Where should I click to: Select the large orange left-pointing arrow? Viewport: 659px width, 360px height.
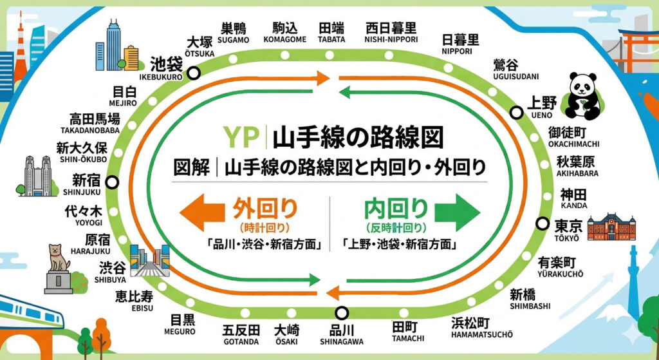(198, 214)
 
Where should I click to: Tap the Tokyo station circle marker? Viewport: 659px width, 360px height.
(541, 224)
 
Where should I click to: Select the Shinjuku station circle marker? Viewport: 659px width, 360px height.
(113, 182)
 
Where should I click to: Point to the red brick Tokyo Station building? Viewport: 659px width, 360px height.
(611, 227)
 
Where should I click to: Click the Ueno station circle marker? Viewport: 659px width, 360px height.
(515, 113)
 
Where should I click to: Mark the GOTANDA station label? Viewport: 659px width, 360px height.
(241, 334)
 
